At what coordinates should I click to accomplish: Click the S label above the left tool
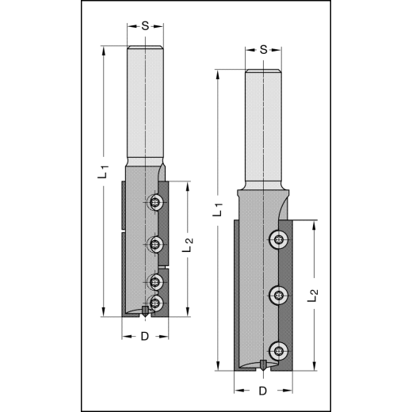click(146, 25)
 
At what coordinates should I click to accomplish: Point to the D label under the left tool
click(145, 337)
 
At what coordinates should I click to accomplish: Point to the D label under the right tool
click(263, 391)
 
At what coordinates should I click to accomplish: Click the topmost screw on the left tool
click(155, 204)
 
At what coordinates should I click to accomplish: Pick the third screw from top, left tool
click(155, 280)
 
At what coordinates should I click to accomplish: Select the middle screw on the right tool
click(277, 296)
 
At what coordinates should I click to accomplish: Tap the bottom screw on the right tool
click(277, 349)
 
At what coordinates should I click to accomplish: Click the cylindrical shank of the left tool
click(146, 103)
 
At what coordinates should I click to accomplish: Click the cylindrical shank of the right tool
click(263, 127)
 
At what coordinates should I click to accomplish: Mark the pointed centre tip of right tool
click(263, 367)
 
